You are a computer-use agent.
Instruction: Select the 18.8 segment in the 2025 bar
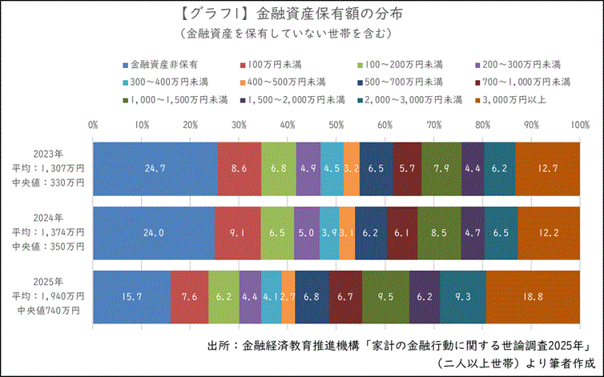tap(533, 297)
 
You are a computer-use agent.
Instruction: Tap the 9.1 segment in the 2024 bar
tap(238, 233)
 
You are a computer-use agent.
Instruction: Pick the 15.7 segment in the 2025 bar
tap(132, 297)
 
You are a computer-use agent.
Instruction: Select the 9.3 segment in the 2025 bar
tap(462, 297)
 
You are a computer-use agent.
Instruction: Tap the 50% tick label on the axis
tap(336, 125)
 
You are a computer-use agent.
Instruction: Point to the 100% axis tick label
tap(579, 125)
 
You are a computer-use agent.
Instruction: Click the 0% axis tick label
tap(93, 125)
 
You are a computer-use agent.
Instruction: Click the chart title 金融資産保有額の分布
tap(301, 14)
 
